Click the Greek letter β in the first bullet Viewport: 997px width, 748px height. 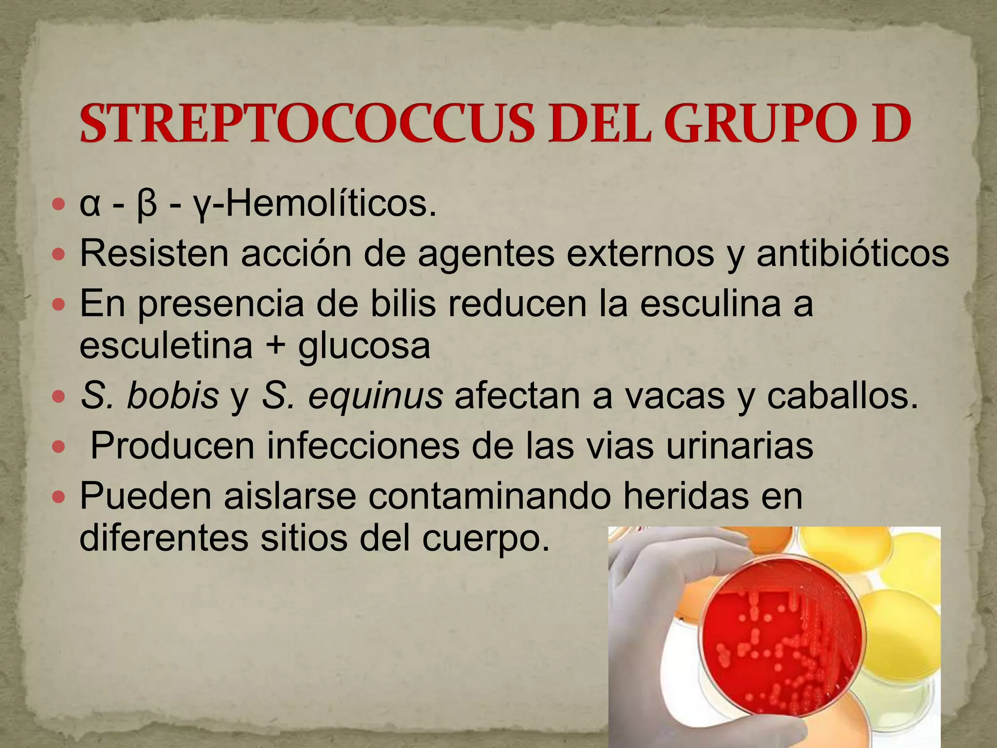[147, 205]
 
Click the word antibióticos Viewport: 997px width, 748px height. [852, 253]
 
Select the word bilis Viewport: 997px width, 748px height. [403, 303]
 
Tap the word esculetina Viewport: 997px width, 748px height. [166, 345]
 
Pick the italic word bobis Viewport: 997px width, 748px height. [173, 395]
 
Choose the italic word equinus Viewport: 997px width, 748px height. [375, 395]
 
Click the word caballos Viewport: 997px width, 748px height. [842, 395]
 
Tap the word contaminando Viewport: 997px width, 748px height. [490, 495]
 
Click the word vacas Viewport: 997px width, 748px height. [675, 395]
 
